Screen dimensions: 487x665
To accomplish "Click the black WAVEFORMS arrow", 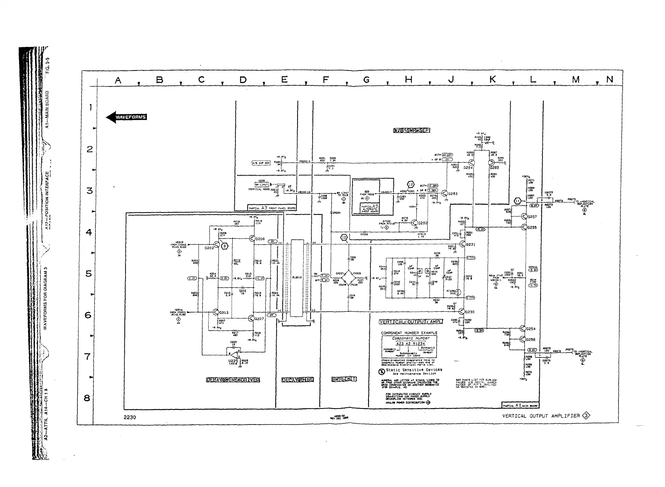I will pos(126,117).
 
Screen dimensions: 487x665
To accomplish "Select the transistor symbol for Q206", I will pos(252,239).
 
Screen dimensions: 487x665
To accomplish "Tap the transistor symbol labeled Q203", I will pos(216,312).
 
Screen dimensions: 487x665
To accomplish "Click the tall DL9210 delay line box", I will pos(297,277).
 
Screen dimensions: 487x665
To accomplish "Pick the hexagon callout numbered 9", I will pos(224,246).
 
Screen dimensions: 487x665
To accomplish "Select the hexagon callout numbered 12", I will pos(411,184).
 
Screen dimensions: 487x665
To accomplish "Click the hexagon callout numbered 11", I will pos(517,201).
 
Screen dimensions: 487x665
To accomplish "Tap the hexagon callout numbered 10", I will pos(344,238).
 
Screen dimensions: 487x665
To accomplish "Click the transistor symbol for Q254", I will pos(523,328).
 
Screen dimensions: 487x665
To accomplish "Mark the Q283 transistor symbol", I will pos(445,193).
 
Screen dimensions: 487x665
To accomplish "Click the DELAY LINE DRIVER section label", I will pos(233,380).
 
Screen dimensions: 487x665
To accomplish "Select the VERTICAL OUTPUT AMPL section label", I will pos(411,322).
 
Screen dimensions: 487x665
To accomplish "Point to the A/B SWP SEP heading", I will pos(412,131).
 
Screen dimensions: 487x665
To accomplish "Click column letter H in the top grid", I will pos(409,80).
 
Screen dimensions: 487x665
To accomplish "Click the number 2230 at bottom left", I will pos(130,417).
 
